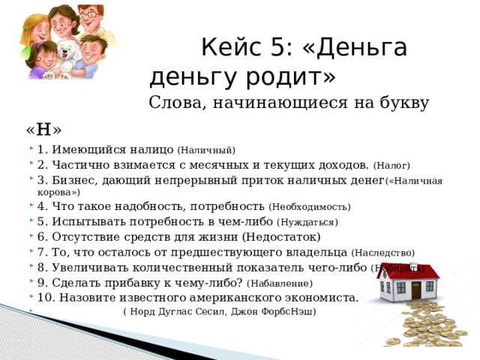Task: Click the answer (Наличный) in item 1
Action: point(206,150)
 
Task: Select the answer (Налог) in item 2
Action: point(391,165)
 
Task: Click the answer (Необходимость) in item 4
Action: point(309,206)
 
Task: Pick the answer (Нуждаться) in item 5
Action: point(307,222)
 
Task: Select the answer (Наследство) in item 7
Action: point(382,253)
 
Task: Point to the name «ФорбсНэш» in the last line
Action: point(291,311)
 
